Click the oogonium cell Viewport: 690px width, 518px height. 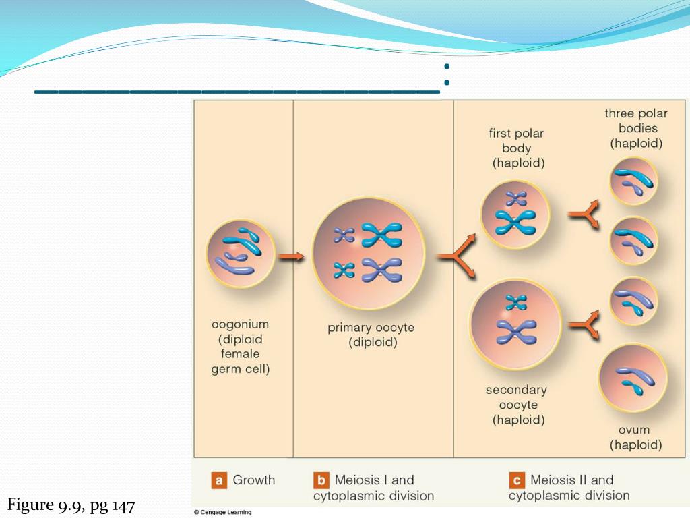click(x=241, y=253)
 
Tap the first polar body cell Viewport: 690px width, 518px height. click(x=515, y=214)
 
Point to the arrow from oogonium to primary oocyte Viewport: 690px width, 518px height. click(x=292, y=257)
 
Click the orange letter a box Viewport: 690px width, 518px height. click(x=218, y=481)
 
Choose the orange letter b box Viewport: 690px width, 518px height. click(x=321, y=481)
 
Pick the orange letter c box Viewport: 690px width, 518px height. click(x=517, y=481)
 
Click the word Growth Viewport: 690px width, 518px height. click(x=254, y=480)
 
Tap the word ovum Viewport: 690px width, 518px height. click(x=634, y=430)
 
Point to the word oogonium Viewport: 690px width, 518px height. click(x=241, y=324)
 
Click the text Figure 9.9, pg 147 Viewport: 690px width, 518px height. click(x=71, y=505)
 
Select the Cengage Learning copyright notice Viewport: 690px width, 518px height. click(x=222, y=512)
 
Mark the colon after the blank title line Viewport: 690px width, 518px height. click(x=446, y=75)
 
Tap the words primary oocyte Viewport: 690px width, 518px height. click(x=371, y=328)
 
